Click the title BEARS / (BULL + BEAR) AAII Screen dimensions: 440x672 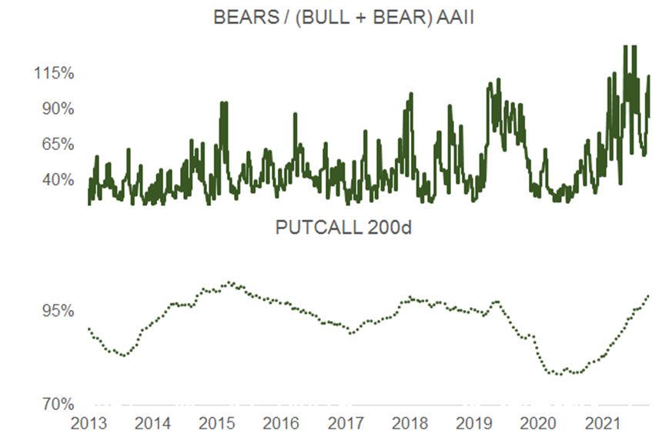343,18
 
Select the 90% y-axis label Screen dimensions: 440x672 56,109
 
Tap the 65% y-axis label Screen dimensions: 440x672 56,145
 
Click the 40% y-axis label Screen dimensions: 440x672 56,180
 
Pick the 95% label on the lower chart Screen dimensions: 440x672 56,312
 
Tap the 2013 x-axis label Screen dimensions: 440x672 89,424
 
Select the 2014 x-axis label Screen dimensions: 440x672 153,424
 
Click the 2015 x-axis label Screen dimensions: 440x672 217,424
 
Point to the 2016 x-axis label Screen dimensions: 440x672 281,424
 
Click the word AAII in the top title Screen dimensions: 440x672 454,18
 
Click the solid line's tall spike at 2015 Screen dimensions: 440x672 223,105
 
